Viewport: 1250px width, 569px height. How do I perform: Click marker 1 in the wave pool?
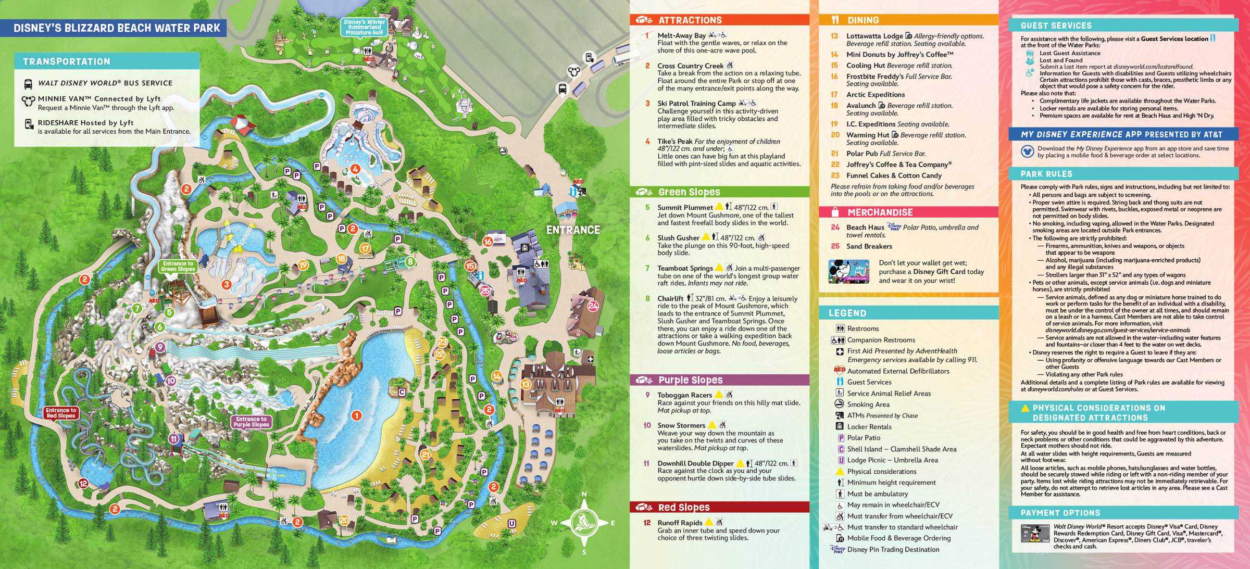click(x=356, y=415)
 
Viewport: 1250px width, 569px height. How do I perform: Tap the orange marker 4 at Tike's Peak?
click(x=355, y=169)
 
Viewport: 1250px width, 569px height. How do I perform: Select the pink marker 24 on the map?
click(x=593, y=306)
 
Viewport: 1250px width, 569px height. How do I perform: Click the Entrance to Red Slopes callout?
click(x=61, y=413)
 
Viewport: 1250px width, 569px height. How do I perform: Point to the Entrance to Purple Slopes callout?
click(x=251, y=422)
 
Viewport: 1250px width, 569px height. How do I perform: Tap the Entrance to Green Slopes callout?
click(x=178, y=267)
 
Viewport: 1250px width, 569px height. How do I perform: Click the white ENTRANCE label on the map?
click(x=573, y=230)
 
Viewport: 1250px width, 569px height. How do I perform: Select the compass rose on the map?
click(x=584, y=522)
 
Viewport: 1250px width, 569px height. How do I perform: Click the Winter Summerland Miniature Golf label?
click(x=365, y=27)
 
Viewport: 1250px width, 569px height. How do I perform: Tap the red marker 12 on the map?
click(x=83, y=484)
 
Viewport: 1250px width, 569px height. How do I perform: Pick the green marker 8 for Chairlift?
click(x=410, y=261)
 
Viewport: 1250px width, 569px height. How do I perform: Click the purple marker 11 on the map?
click(x=173, y=439)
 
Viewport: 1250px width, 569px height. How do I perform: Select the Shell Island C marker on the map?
click(x=402, y=392)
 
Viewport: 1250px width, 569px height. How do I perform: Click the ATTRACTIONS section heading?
click(x=690, y=20)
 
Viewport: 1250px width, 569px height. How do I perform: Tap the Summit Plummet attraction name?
click(x=684, y=207)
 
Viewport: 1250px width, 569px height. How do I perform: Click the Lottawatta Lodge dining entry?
click(x=874, y=36)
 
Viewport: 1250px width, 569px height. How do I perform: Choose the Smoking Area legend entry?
click(x=868, y=404)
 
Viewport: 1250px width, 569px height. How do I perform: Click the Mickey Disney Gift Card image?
click(x=848, y=271)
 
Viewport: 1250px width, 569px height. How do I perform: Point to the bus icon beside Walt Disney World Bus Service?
click(x=28, y=84)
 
